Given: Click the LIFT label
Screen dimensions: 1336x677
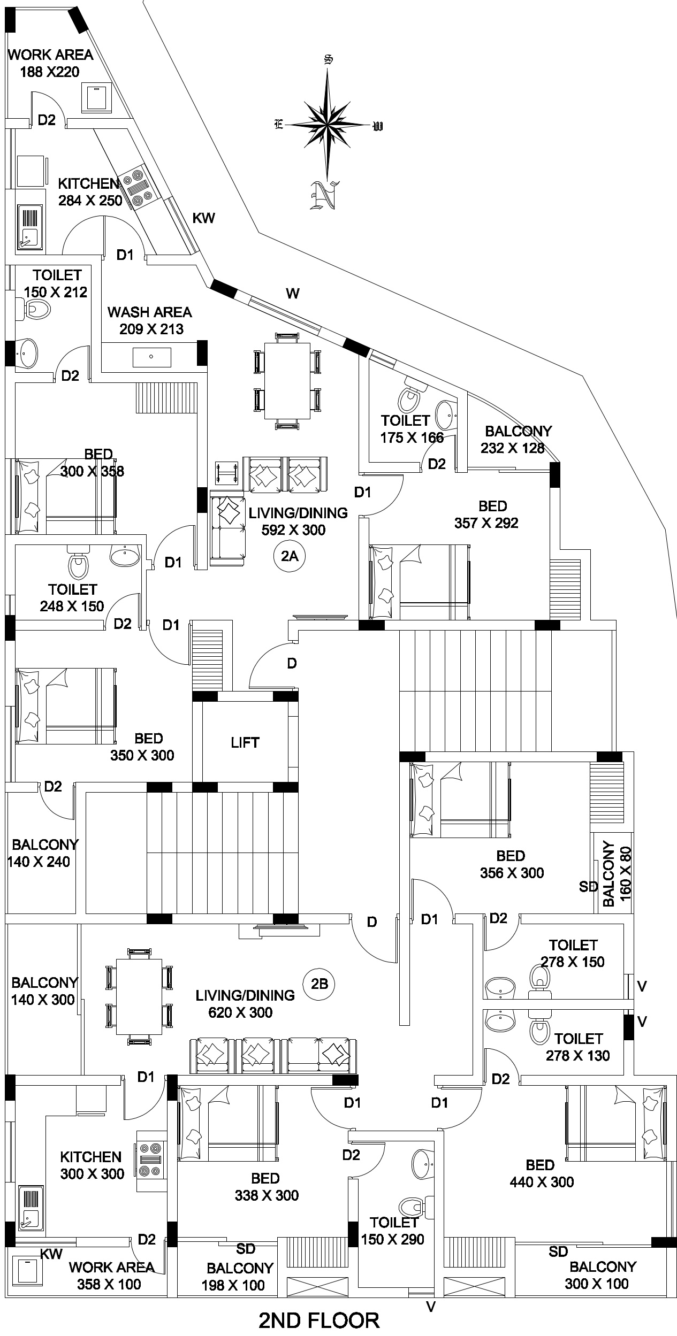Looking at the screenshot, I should (245, 742).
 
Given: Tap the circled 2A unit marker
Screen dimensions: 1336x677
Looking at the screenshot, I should (289, 556).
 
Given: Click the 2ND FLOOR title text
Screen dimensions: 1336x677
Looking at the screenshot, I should (320, 1316).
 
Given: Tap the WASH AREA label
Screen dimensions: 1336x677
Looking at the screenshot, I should (149, 312).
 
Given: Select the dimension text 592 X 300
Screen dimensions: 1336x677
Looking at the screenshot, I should (293, 530).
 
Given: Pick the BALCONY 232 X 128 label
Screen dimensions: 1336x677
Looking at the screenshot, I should (518, 439).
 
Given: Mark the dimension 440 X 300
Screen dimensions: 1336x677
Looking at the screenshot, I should (542, 1181).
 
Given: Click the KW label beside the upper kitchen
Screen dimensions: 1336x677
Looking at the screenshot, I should (203, 218).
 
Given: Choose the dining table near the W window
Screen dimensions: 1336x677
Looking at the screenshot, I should (287, 380).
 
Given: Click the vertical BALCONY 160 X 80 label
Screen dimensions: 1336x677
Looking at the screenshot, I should (617, 873).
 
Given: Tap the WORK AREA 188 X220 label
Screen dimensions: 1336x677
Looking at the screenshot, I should (50, 63).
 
